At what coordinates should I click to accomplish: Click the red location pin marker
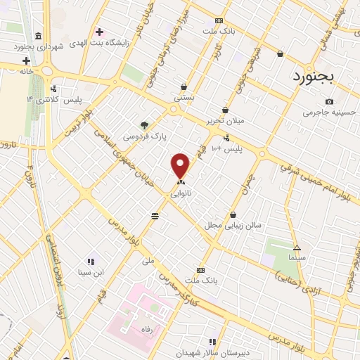(x=181, y=166)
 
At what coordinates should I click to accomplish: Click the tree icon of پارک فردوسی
(x=145, y=124)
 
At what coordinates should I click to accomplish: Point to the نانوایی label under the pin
(x=181, y=191)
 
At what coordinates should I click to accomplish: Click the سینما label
(x=296, y=258)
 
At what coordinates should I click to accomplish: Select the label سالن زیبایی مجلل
(x=233, y=225)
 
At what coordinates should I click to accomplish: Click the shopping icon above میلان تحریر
(x=225, y=110)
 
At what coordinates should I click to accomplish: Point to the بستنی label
(x=184, y=98)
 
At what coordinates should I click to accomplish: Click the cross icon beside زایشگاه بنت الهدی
(x=99, y=32)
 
